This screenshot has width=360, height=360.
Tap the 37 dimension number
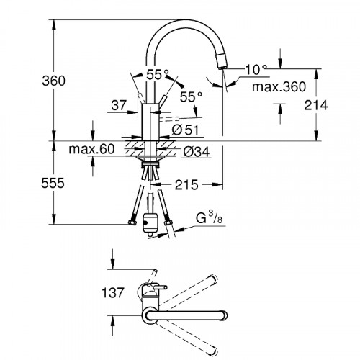point(120,105)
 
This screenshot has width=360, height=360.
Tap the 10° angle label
point(256,68)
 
